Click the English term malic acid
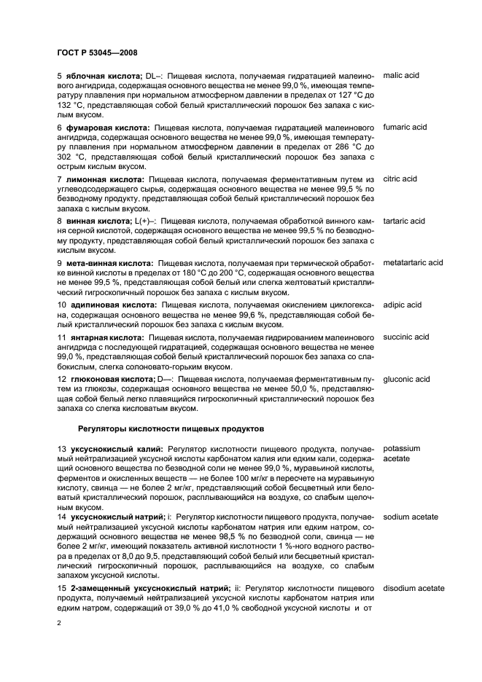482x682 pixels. coord(402,75)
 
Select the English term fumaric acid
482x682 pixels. coord(405,127)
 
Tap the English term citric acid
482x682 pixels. coord(400,179)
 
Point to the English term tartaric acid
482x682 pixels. coord(404,221)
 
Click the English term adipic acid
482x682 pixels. coord(403,305)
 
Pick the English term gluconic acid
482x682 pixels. coord(406,379)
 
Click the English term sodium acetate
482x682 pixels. coord(411,517)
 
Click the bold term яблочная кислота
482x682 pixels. coord(101,75)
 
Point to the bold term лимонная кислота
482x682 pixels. coord(104,179)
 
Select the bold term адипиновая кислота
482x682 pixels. coord(112,305)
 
